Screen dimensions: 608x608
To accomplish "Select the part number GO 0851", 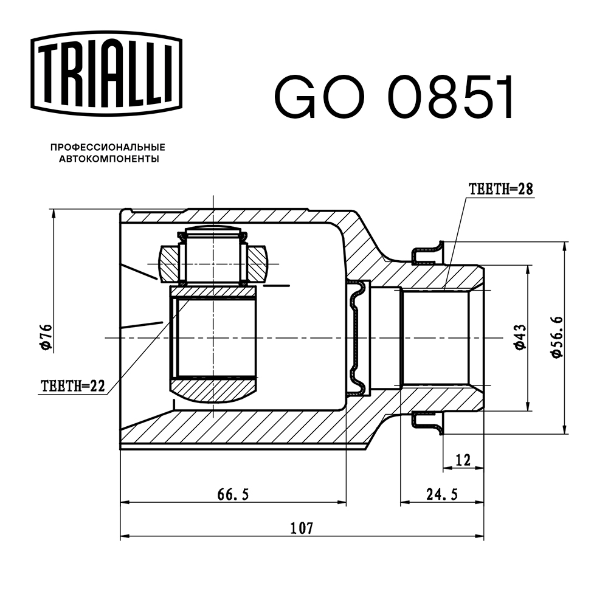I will click(x=394, y=97).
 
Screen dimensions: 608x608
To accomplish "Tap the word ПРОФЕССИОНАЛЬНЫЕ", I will click(x=108, y=148).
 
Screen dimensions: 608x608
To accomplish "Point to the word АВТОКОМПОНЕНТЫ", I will click(x=109, y=159).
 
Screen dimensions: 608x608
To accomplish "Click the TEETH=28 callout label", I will click(x=500, y=189).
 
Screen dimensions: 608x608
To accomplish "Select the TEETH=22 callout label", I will click(x=72, y=385).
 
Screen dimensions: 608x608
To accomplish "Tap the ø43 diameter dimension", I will click(x=519, y=337).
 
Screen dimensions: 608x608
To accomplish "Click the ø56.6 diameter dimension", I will click(x=557, y=337).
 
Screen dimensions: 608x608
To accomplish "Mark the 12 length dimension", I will click(x=463, y=460).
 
